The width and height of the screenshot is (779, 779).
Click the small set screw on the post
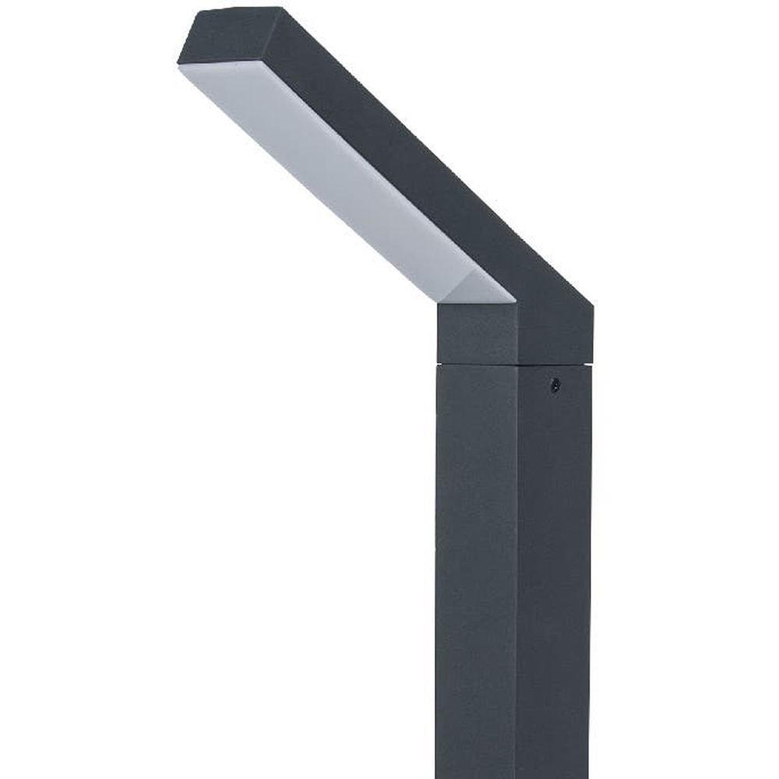tap(555, 384)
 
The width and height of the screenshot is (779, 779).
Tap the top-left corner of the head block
tap(438, 305)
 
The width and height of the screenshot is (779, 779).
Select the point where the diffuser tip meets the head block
tap(513, 301)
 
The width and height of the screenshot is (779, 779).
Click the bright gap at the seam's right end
tap(587, 364)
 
